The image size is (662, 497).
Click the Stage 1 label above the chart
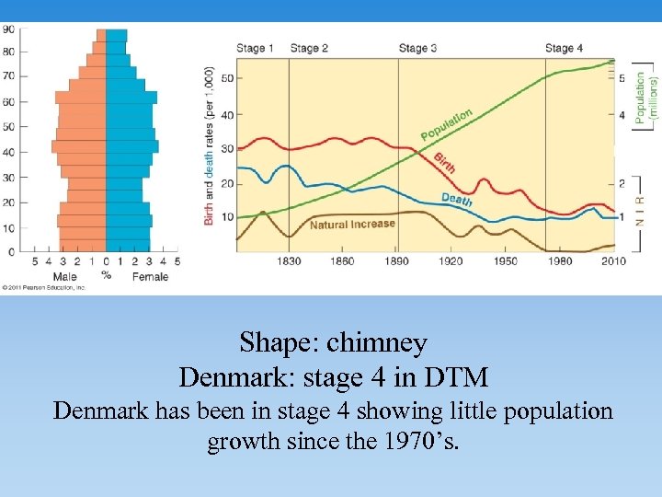[x=256, y=48]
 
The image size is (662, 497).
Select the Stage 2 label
[x=309, y=48]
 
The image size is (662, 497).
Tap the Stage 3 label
[x=417, y=48]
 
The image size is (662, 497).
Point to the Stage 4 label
[x=565, y=48]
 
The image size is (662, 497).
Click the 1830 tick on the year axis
[x=289, y=261]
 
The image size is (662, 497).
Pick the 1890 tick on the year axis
[x=397, y=261]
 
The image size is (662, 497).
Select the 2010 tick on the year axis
[x=613, y=261]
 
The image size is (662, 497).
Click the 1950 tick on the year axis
[x=505, y=261]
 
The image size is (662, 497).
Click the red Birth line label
[x=444, y=162]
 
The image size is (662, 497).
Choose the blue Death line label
[x=457, y=198]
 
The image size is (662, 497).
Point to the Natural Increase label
[x=352, y=224]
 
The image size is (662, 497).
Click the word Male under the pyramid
[x=64, y=276]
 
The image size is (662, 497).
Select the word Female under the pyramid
[x=149, y=276]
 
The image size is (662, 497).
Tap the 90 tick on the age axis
[x=8, y=29]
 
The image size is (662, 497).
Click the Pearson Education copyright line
[x=43, y=288]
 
